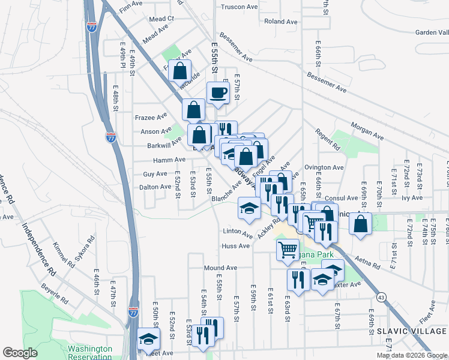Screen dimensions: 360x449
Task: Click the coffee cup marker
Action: pyautogui.click(x=217, y=93)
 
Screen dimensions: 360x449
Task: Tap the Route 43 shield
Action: pyautogui.click(x=382, y=296)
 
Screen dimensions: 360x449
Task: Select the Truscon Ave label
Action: pyautogui.click(x=239, y=7)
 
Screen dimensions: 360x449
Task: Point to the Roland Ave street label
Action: pyautogui.click(x=281, y=22)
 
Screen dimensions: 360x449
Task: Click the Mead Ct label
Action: pyautogui.click(x=161, y=19)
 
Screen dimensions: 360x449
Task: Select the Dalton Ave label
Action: pyautogui.click(x=156, y=187)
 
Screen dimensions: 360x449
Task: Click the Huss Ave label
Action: pyautogui.click(x=235, y=246)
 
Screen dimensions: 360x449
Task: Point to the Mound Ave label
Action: pyautogui.click(x=220, y=268)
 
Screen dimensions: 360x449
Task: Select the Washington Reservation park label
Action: pyautogui.click(x=90, y=352)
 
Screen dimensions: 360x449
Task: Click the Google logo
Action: pyautogui.click(x=20, y=353)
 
